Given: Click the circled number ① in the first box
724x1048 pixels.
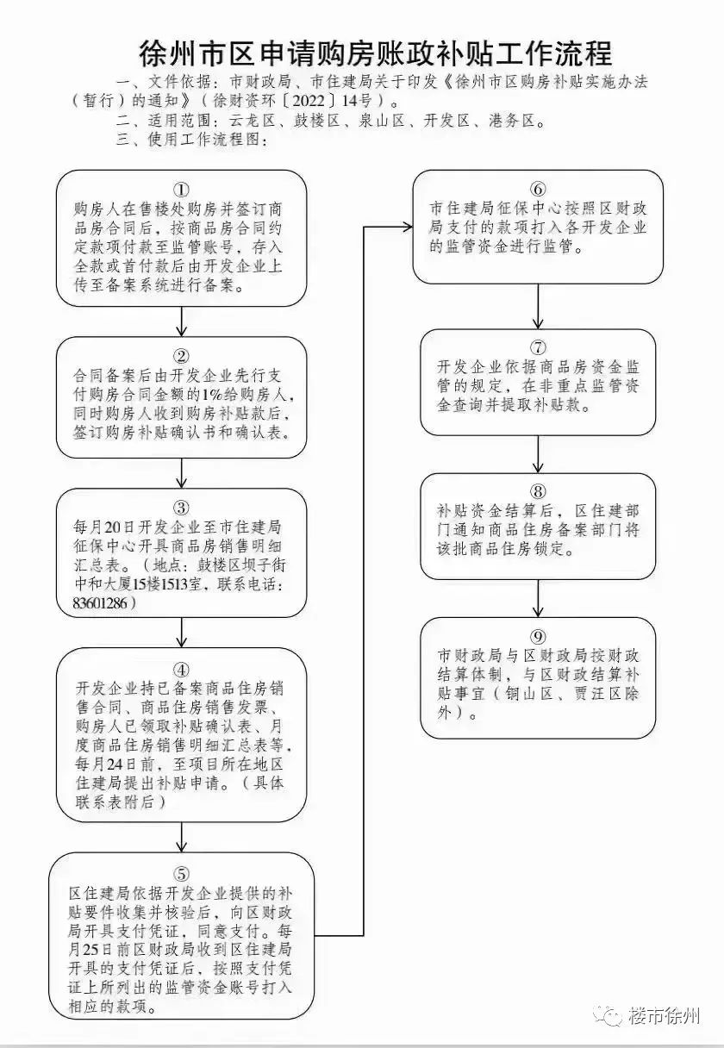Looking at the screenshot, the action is (182, 190).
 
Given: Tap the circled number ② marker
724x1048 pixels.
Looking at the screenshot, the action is (182, 357).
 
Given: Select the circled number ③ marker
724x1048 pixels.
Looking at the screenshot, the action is (182, 508).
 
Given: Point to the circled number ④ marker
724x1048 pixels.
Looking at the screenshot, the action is (182, 670).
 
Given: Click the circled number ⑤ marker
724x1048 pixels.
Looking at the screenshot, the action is (182, 874).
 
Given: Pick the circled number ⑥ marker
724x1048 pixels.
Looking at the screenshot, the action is (538, 189).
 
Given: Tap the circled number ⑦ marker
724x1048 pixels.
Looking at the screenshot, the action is (538, 347).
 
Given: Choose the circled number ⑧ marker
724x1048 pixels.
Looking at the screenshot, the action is (538, 491).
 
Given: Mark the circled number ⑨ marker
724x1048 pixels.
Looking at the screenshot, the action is (538, 636).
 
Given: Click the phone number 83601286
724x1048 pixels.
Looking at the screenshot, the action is (100, 603).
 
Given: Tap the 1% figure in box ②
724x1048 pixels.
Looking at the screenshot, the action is (210, 395).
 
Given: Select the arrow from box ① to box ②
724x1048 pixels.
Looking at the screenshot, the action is (182, 321).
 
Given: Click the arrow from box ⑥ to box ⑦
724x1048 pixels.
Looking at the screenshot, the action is (538, 307).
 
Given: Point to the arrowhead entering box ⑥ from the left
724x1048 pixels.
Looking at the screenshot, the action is (407, 228).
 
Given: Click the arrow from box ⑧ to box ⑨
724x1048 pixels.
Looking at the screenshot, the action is (538, 599).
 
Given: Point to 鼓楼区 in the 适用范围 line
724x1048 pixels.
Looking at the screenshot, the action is (317, 121).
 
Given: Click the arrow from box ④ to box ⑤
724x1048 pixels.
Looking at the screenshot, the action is (182, 837).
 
